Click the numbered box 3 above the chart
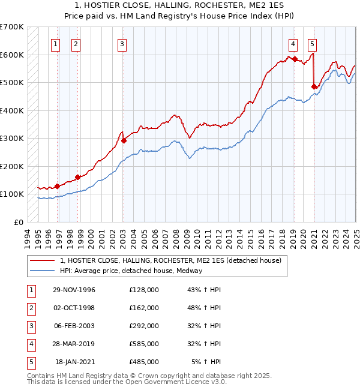(122, 43)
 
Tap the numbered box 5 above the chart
(313, 43)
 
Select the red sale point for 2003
(124, 141)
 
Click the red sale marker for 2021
(314, 86)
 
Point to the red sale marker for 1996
(58, 186)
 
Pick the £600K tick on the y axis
(13, 55)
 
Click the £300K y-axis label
(13, 139)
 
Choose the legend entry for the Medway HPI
(131, 271)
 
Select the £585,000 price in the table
(143, 344)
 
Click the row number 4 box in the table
(31, 344)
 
